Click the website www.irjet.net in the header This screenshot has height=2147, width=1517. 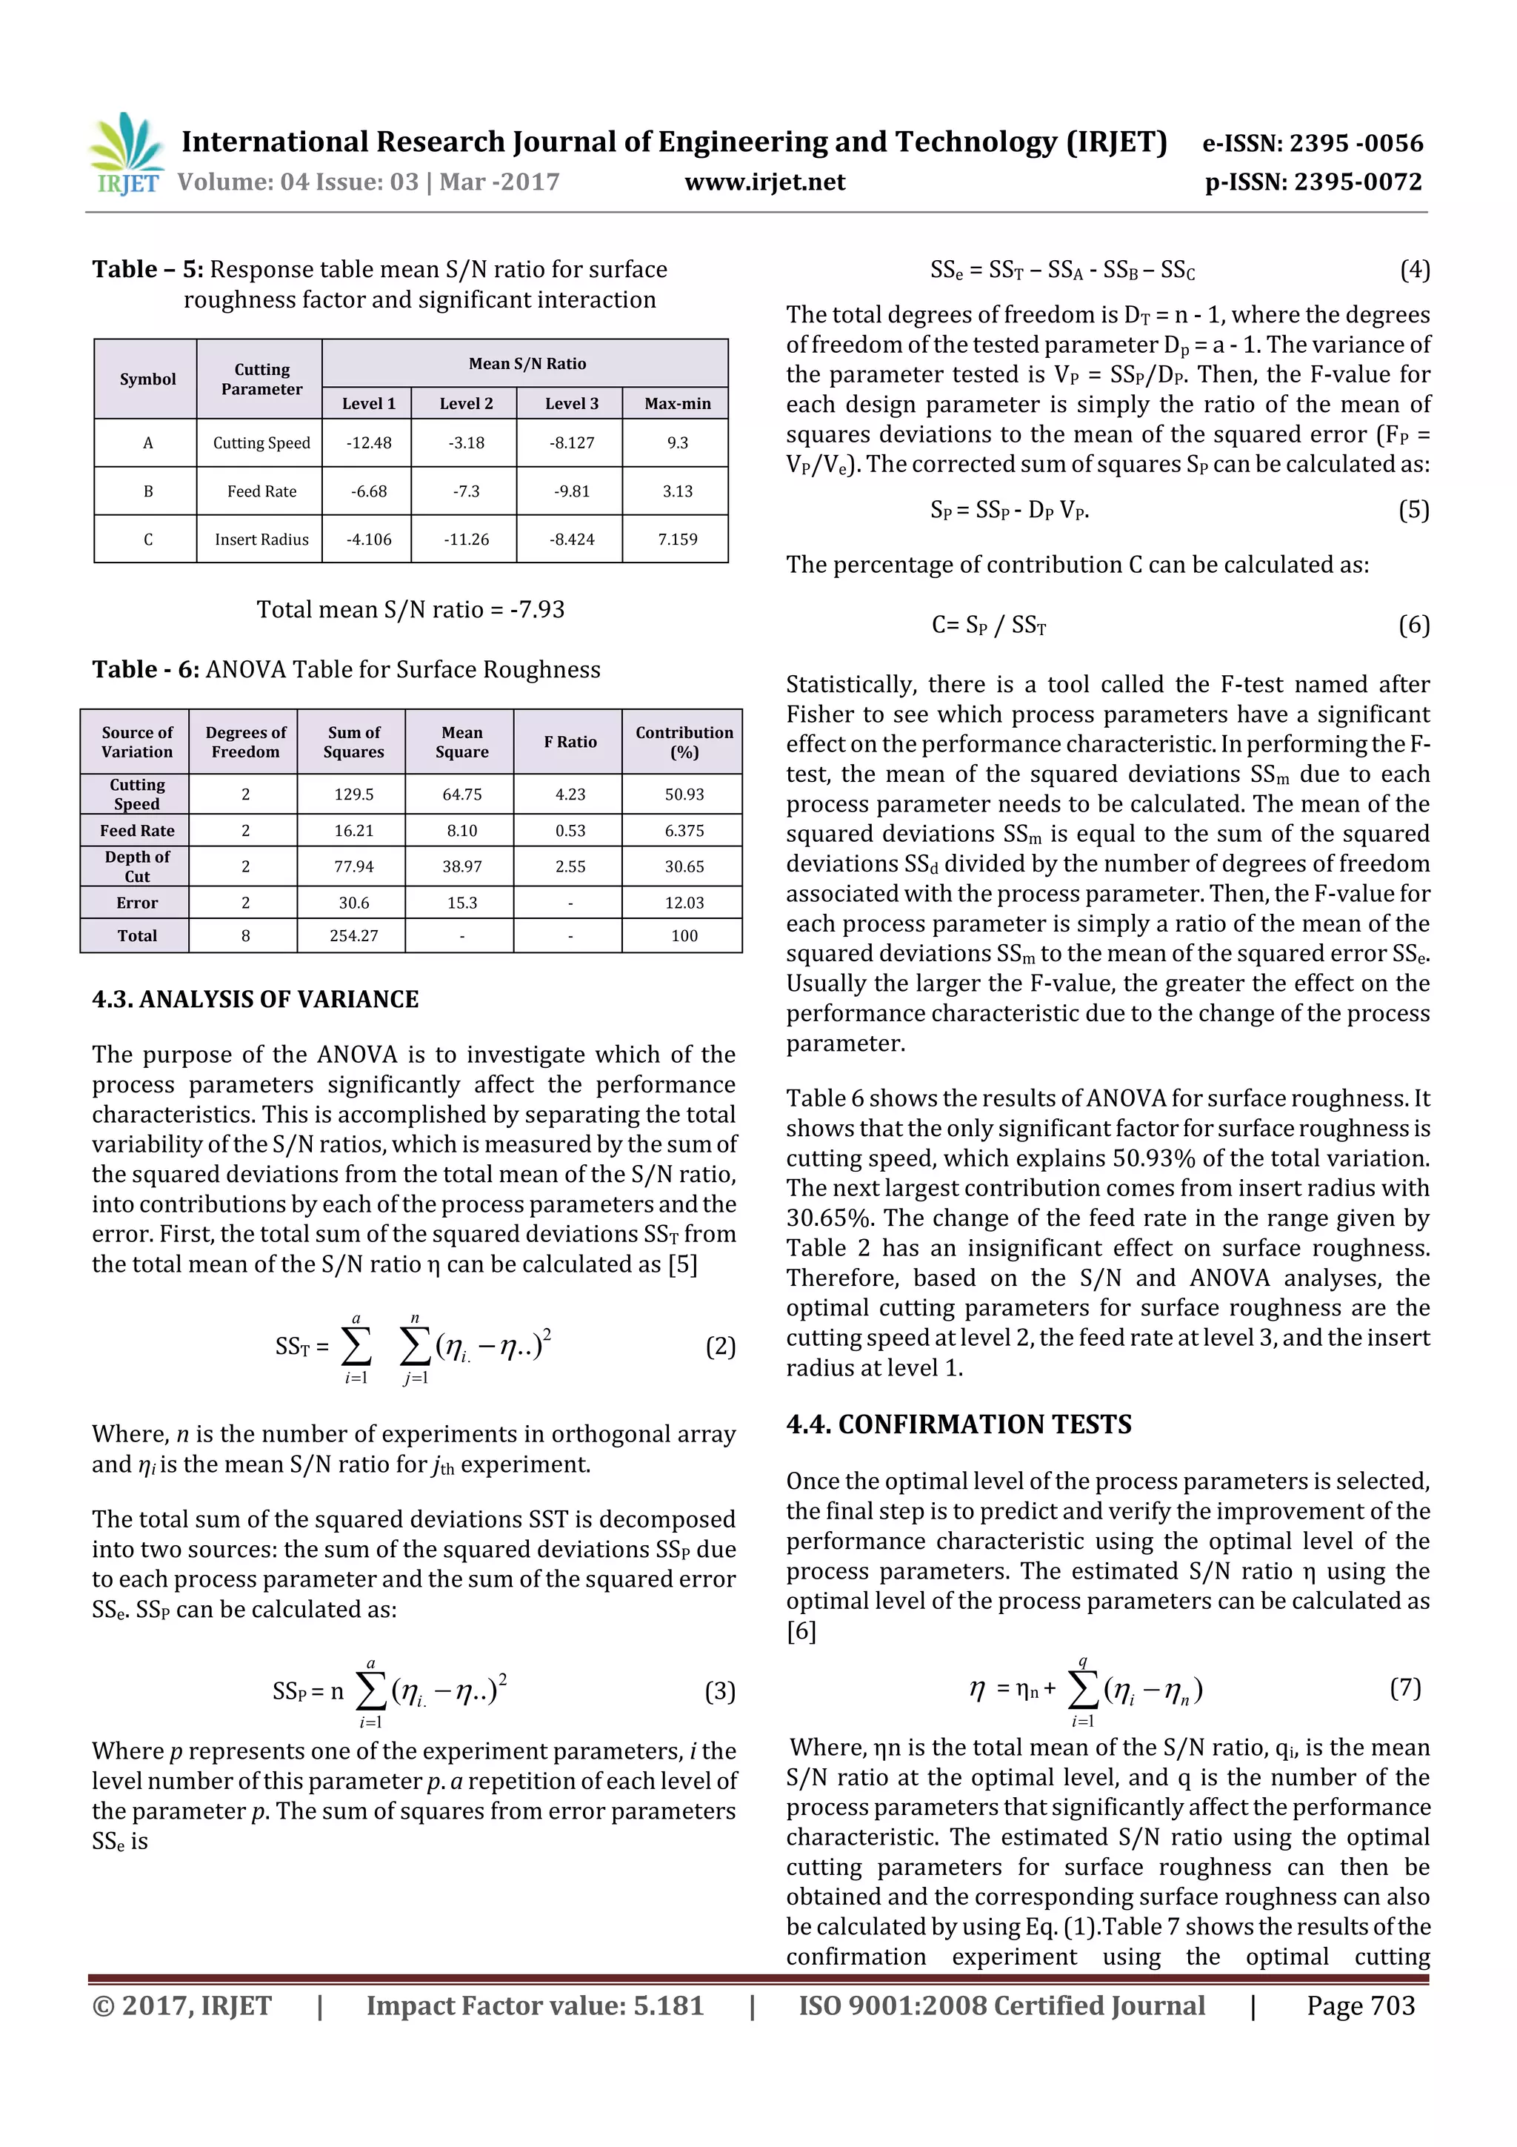pyautogui.click(x=764, y=182)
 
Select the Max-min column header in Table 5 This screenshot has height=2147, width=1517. pyautogui.click(x=677, y=404)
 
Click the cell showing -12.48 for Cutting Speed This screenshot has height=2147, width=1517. pyautogui.click(x=368, y=443)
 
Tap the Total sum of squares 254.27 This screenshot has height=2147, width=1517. pyautogui.click(x=353, y=936)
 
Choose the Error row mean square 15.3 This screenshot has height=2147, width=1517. pyautogui.click(x=461, y=903)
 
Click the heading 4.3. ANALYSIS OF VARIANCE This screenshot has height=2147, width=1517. pyautogui.click(x=255, y=1000)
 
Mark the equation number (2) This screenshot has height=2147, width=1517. pyautogui.click(x=720, y=1347)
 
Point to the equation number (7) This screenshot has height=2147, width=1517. pyautogui.click(x=1405, y=1688)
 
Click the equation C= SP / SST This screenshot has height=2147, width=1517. pyautogui.click(x=988, y=625)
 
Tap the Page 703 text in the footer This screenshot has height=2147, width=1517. pyautogui.click(x=1360, y=2005)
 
